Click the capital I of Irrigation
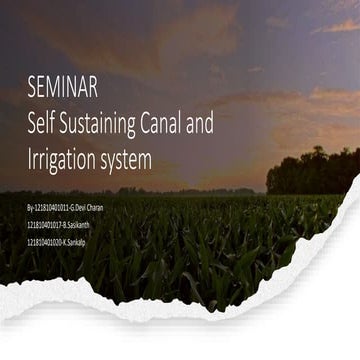point(31,157)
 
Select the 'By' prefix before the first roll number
point(30,207)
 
